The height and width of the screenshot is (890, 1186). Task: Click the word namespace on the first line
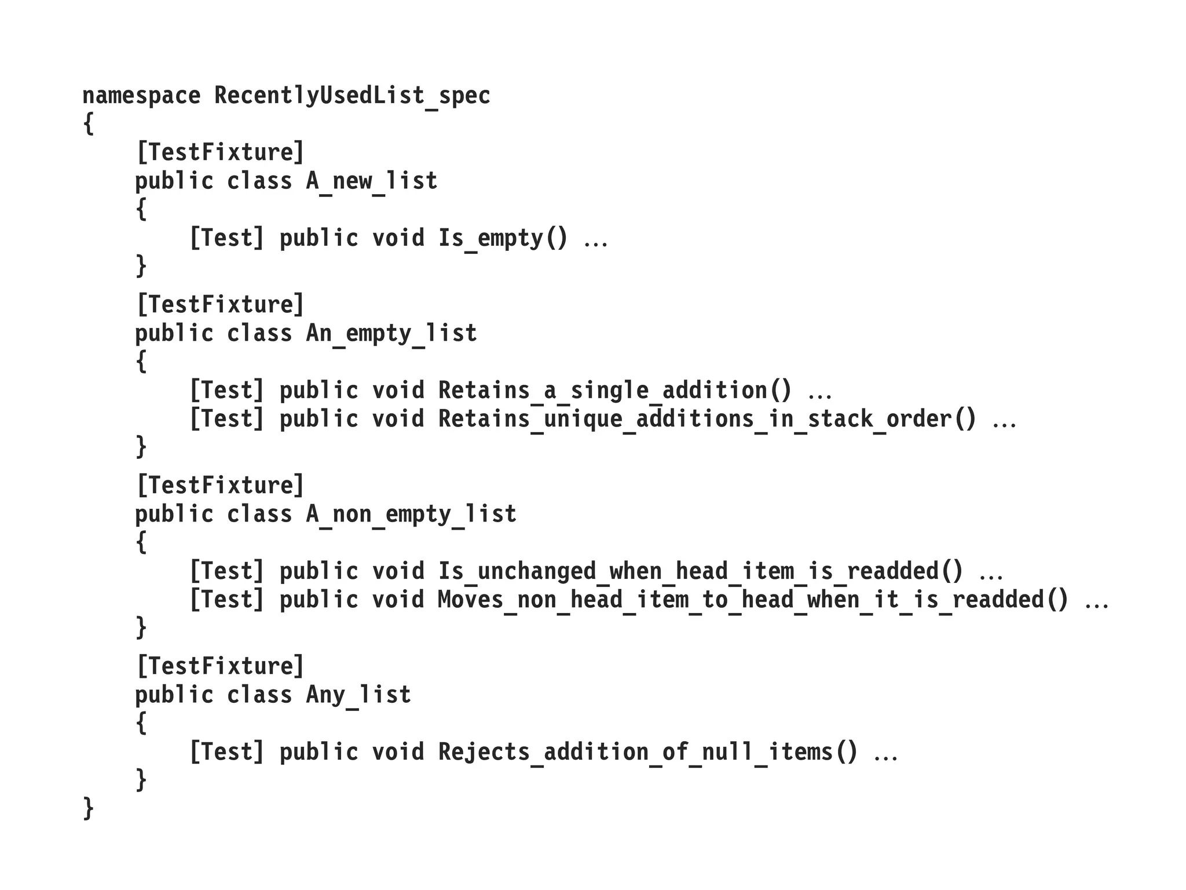(141, 96)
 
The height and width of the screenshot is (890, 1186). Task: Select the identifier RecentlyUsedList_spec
(352, 96)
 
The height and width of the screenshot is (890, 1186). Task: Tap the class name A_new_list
(371, 181)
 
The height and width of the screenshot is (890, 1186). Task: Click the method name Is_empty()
(503, 238)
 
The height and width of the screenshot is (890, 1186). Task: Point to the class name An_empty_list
(391, 334)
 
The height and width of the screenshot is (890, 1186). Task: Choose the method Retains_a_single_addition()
(614, 391)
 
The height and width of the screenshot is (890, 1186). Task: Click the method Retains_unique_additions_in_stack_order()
(707, 419)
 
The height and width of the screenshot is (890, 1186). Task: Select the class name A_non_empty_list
(411, 515)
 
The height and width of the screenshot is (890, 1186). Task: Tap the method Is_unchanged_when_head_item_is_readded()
(700, 571)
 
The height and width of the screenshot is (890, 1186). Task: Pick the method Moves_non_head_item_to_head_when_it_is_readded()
(753, 600)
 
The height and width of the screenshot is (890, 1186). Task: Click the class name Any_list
(358, 695)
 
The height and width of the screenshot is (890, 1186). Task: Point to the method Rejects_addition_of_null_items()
(647, 752)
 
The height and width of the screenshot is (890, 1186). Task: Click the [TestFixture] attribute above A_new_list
(220, 152)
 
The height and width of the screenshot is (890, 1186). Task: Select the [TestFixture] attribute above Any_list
(220, 666)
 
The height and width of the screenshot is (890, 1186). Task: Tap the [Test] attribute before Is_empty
(226, 238)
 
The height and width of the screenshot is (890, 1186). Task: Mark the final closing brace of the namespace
(88, 809)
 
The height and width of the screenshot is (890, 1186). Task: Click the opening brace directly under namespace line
(88, 124)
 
